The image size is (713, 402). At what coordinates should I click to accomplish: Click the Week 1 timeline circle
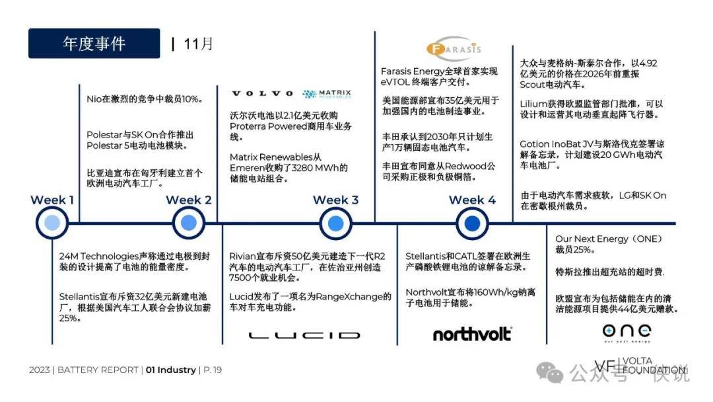pyautogui.click(x=52, y=223)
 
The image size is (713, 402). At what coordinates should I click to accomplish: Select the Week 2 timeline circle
pyautogui.click(x=189, y=223)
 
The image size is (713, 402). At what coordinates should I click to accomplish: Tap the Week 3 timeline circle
pyautogui.click(x=335, y=223)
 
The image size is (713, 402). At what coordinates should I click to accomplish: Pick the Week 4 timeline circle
pyautogui.click(x=472, y=223)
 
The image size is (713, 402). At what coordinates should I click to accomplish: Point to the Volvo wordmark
pyautogui.click(x=262, y=94)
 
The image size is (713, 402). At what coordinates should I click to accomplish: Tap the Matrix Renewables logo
pyautogui.click(x=327, y=94)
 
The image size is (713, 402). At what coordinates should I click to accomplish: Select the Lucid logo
pyautogui.click(x=304, y=335)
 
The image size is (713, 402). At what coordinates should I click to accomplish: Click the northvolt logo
pyautogui.click(x=473, y=334)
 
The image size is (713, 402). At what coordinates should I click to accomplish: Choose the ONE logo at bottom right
pyautogui.click(x=627, y=332)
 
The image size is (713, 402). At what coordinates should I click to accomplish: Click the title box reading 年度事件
pyautogui.click(x=94, y=43)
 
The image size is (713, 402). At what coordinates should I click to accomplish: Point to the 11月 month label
pyautogui.click(x=198, y=44)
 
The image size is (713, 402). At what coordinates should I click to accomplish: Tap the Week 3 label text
pyautogui.click(x=335, y=200)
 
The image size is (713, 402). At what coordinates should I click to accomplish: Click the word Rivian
pyautogui.click(x=242, y=257)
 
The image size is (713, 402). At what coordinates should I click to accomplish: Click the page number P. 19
pyautogui.click(x=213, y=370)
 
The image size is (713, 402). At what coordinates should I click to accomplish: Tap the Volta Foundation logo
pyautogui.click(x=640, y=366)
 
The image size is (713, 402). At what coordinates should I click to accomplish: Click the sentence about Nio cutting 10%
pyautogui.click(x=145, y=99)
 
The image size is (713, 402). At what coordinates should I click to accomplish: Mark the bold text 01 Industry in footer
pyautogui.click(x=171, y=370)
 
